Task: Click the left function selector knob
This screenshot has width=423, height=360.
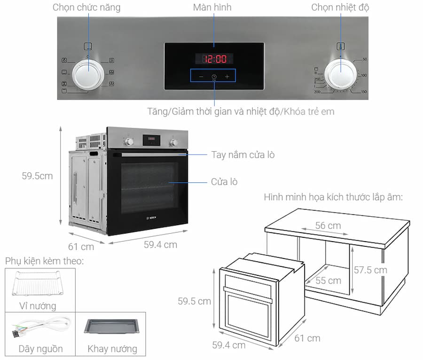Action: [x=88, y=74]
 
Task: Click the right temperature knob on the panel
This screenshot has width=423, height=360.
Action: [x=340, y=74]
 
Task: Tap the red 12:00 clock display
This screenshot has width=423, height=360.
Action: [x=214, y=59]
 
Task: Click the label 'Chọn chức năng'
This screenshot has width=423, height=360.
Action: [x=86, y=7]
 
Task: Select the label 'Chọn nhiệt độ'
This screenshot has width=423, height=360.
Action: [x=340, y=7]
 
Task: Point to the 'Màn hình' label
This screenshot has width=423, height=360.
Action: [x=212, y=7]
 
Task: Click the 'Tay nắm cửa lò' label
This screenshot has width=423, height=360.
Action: [x=243, y=155]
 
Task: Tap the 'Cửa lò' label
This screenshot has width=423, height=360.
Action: [x=224, y=182]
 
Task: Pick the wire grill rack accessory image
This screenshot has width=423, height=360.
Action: [x=38, y=283]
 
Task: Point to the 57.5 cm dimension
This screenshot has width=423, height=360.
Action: [x=370, y=270]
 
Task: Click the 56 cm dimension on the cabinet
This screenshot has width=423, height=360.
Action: [x=328, y=226]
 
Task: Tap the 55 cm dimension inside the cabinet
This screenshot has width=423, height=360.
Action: [x=328, y=281]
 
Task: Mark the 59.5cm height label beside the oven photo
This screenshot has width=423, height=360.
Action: [x=37, y=176]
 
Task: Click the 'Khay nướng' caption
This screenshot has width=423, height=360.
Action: [x=112, y=349]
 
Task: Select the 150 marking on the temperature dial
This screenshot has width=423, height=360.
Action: [x=364, y=92]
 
